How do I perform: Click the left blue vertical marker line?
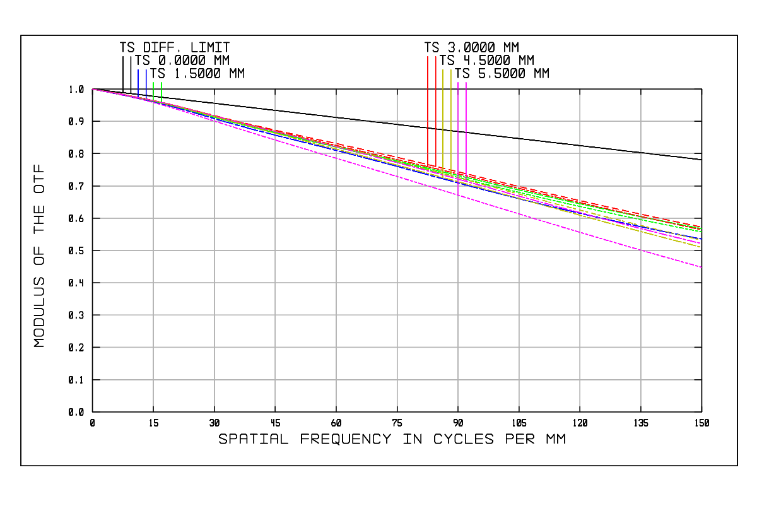138,82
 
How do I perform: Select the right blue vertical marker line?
146,82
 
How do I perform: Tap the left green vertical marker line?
153,90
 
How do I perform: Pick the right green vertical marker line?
161,90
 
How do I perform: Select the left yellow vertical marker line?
443,117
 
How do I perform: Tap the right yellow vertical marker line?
451,117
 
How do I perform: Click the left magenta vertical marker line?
458,126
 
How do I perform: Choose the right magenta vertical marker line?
466,126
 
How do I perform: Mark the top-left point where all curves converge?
93,89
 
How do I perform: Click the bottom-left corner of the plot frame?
93,412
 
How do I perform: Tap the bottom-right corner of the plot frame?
701,412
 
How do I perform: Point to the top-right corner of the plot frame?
701,89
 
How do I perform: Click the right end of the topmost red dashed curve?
701,227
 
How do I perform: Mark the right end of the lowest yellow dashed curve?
701,246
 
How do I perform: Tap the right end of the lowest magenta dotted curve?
701,267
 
